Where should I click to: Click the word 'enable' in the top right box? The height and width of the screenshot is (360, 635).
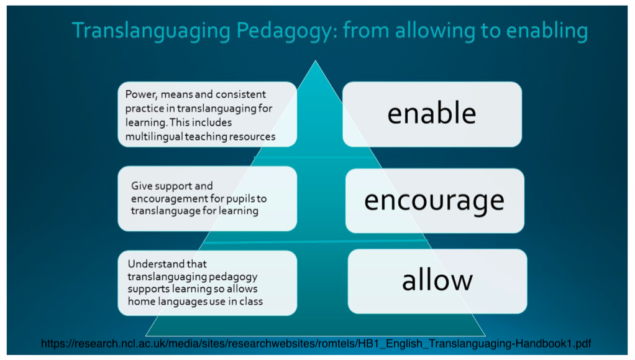(432, 114)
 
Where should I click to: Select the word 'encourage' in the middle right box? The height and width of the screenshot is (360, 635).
(434, 201)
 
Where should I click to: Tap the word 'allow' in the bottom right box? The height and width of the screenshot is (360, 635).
(437, 280)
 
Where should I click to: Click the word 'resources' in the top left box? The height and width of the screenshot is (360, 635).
(252, 136)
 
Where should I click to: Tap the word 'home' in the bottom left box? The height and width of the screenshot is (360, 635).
(140, 302)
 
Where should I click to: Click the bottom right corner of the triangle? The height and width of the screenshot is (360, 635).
(485, 335)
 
